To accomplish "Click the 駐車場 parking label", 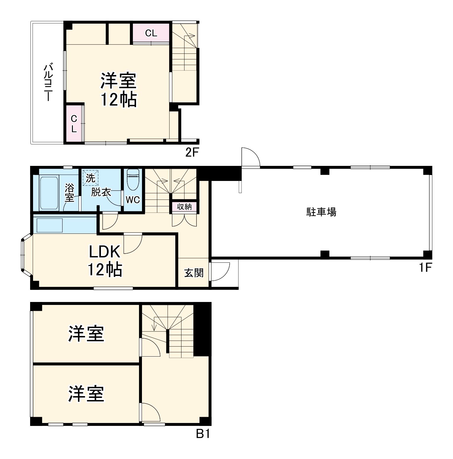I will pos(321,212).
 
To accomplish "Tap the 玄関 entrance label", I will pos(194,273).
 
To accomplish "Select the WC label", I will pos(133,200).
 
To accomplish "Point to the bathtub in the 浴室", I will pos(49,193).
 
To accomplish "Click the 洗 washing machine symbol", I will pos(90,178).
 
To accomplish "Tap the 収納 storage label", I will pos(184,207).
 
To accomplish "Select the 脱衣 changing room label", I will pos(101,192).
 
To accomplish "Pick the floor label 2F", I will pos(193,153).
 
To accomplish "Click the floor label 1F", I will pos(425,268).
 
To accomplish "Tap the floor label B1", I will pos(203,434).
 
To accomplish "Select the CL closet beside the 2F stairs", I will pos(151,33).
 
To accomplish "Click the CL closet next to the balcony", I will pos(74,124).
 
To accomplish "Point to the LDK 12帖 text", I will pos(105,261).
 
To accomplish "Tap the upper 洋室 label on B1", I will pos(86,334).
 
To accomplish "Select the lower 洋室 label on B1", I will pos(86,394).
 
